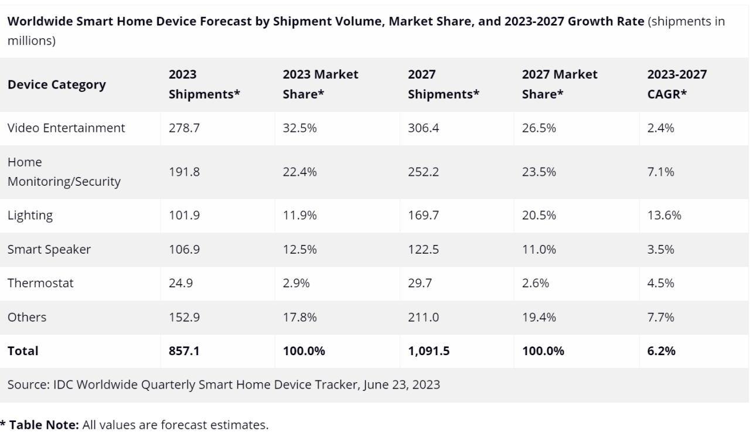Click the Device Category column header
[56, 84]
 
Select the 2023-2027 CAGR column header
[676, 84]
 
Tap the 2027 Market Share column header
[559, 84]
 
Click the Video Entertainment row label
[66, 128]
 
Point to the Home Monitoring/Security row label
[63, 172]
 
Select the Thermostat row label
[40, 283]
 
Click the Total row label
[22, 351]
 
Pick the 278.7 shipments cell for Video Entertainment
[184, 128]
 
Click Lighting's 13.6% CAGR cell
[663, 215]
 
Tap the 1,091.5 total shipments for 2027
[428, 351]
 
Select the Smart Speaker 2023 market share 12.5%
[299, 249]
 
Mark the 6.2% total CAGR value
[661, 351]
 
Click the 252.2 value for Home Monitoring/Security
[422, 172]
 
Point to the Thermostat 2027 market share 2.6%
[535, 283]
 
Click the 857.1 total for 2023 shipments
[184, 351]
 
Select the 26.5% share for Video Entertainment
[538, 128]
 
